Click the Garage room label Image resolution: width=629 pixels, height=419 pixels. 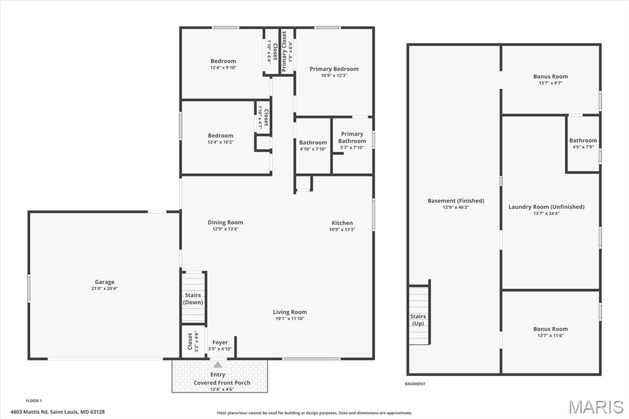coord(104,282)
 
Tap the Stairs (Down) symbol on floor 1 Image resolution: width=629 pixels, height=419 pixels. coord(193,298)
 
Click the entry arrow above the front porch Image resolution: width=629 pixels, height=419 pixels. coord(217,365)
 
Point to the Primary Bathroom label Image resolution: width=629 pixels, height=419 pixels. coord(352,138)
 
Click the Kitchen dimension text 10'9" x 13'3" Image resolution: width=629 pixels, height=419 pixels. coord(342,230)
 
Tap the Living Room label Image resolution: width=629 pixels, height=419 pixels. coord(290,312)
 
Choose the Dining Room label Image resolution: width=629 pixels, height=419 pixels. coord(225,222)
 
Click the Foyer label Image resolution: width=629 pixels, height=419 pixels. coord(220,342)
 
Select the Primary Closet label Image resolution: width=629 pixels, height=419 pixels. coord(284,52)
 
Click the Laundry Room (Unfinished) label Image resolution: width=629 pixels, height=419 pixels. coord(546,207)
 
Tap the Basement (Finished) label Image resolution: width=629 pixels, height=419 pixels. coord(456,201)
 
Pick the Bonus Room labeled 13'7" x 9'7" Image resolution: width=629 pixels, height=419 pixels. coord(550,77)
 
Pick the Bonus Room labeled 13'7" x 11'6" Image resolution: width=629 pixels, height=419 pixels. coord(550,329)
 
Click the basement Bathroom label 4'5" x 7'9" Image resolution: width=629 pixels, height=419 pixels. coord(583,141)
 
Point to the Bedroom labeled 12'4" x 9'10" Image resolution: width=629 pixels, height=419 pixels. coord(223,61)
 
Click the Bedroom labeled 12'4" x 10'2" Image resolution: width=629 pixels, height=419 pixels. coord(221,136)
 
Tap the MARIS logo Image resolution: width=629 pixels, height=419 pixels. coord(596,407)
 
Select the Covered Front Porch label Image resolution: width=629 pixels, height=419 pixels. coord(222,383)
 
